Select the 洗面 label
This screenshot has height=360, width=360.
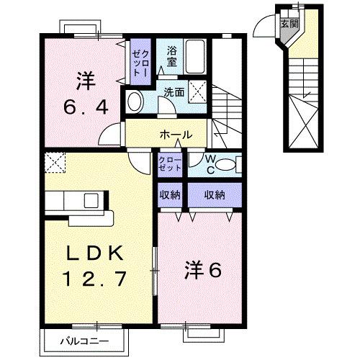[x=173, y=93]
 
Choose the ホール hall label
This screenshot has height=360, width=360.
[x=175, y=134]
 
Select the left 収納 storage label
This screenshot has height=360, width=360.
[x=171, y=194]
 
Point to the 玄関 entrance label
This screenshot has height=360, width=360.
[x=286, y=22]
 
